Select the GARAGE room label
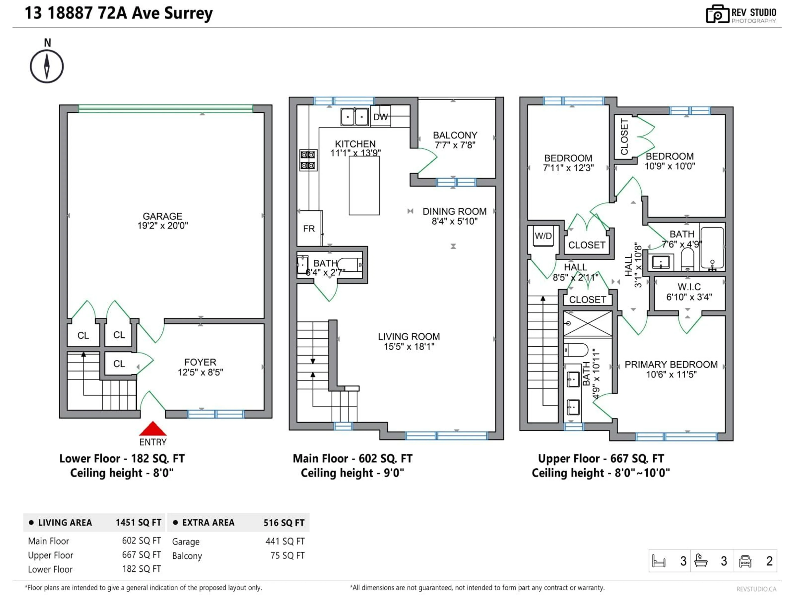(x=162, y=216)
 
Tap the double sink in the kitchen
(x=354, y=117)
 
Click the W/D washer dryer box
(x=543, y=236)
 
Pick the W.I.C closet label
(x=689, y=287)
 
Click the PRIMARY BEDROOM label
(x=671, y=364)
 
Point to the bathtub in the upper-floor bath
(x=712, y=248)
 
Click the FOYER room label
(x=200, y=362)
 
